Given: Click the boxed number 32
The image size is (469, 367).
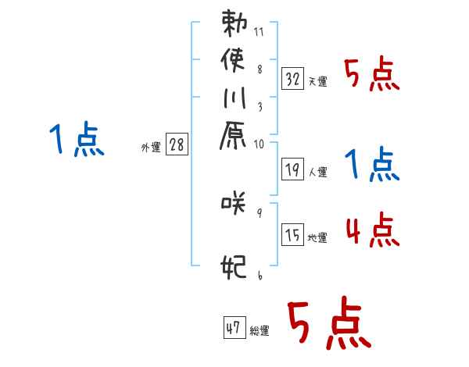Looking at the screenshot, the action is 293,79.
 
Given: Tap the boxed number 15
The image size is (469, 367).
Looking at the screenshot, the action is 293,236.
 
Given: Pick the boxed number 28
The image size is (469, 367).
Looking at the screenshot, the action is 177,146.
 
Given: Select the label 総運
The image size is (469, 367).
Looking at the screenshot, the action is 260,331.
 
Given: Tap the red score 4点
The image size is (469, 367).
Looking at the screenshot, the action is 372,231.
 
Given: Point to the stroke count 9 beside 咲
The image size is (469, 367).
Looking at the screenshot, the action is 259,212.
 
